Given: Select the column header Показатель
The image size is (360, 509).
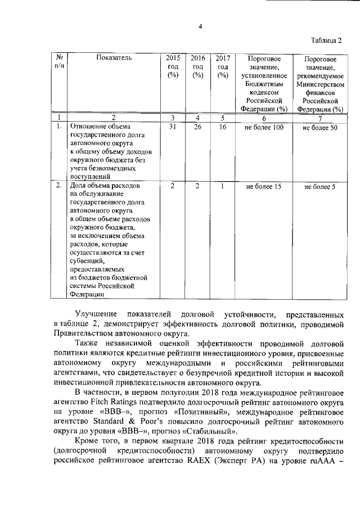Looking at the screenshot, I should pos(114,58).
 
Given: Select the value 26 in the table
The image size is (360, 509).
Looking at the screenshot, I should pos(197,128).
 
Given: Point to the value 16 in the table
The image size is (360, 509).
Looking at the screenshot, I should pos(222,128).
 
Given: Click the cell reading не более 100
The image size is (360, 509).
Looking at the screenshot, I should pos(263,128).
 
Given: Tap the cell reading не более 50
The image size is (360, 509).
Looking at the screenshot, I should pos(319,128).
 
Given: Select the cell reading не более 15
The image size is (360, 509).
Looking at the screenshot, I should pos(263,186).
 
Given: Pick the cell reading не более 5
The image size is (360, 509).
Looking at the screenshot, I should pos(319,187).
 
